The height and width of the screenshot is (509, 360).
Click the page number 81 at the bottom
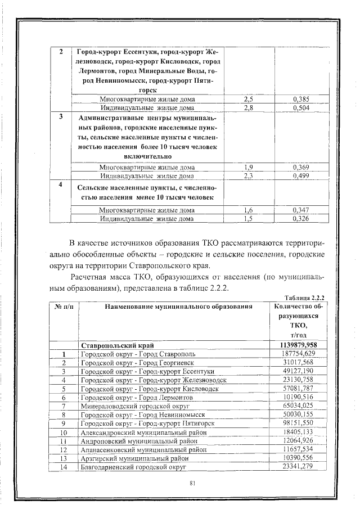(x=192, y=483)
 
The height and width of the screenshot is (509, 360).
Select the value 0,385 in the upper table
(x=301, y=99)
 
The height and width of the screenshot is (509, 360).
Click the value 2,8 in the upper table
(x=248, y=107)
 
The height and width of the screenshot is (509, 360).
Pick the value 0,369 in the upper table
(x=301, y=167)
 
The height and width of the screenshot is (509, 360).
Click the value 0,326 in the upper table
(x=301, y=218)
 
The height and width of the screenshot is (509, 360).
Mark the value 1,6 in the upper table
(x=248, y=210)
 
